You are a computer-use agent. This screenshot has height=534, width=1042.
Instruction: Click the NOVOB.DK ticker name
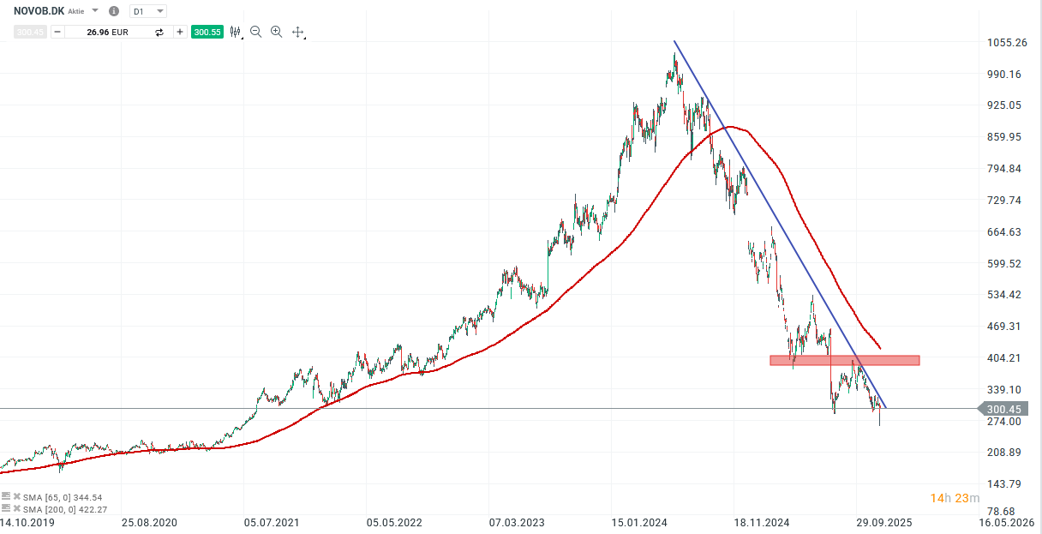point(38,11)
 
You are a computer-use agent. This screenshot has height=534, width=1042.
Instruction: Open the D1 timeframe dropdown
point(147,11)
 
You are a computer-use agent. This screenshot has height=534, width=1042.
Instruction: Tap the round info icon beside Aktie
point(114,11)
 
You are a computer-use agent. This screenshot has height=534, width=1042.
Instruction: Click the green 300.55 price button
point(207,32)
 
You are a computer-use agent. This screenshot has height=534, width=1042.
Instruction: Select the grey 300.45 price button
point(29,32)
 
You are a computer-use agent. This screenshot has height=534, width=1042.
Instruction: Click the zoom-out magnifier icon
point(255,32)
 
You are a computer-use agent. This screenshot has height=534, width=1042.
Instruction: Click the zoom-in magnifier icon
point(276,32)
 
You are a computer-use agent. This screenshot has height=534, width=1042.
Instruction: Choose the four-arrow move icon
point(298,32)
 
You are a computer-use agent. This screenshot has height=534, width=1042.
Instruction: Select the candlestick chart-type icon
point(235,32)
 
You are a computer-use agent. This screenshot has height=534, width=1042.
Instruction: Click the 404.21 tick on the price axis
point(1006,358)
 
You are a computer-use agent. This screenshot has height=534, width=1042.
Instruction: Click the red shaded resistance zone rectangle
point(844,361)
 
